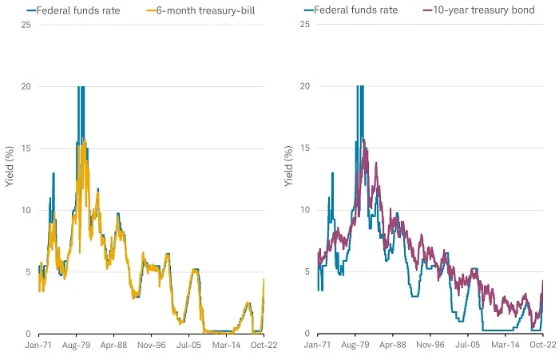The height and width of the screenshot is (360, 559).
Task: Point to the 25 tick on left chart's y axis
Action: (x=27, y=24)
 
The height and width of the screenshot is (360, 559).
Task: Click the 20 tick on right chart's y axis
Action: (x=306, y=86)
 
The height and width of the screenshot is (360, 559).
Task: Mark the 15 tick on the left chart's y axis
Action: (x=27, y=148)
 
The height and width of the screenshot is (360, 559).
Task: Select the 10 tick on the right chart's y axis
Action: (x=306, y=210)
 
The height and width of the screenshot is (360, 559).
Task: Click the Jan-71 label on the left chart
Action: (x=38, y=346)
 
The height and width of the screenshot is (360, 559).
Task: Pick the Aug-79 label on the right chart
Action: (x=355, y=346)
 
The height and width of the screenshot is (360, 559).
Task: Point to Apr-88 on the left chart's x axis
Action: (x=113, y=346)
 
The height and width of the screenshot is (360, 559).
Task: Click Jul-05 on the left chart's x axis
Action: (x=189, y=346)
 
